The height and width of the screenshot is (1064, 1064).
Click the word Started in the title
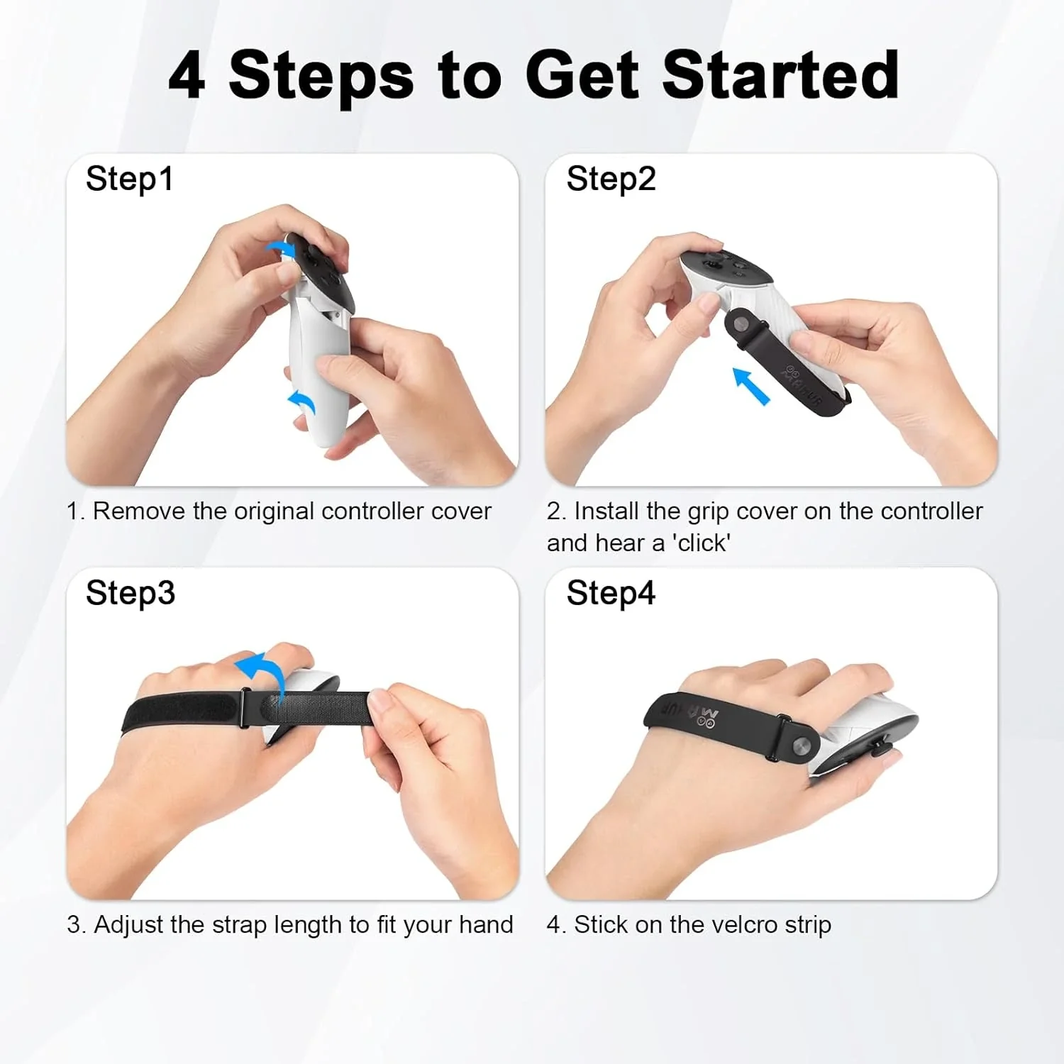[x=781, y=74]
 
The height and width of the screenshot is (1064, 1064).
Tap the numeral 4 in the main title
[x=187, y=75]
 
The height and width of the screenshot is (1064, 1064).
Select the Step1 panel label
[x=129, y=179]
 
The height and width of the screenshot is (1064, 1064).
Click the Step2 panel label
[x=611, y=179]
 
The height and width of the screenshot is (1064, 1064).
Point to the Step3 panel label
[x=130, y=593]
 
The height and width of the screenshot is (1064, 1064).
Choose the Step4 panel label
[x=611, y=593]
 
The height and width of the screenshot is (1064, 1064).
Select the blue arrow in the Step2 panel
[x=750, y=386]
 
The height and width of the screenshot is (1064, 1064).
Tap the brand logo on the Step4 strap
[x=691, y=713]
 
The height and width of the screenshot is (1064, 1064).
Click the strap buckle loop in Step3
[x=245, y=707]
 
